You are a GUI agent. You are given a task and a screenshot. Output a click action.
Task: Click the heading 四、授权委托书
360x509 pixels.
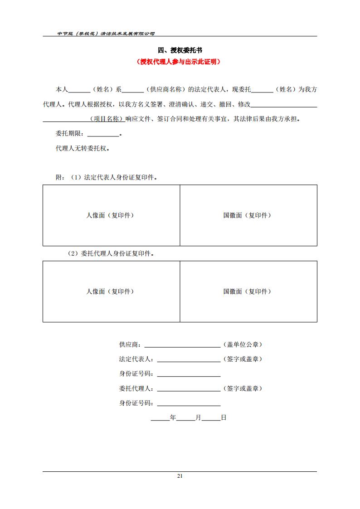[180, 50]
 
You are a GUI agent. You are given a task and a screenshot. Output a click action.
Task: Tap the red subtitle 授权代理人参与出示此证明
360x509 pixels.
[180, 62]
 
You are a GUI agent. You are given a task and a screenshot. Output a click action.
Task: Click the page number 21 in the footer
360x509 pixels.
[180, 476]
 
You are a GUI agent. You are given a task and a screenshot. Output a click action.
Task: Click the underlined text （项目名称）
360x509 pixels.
[107, 119]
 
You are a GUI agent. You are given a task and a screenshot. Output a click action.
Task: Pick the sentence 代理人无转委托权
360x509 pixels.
[82, 148]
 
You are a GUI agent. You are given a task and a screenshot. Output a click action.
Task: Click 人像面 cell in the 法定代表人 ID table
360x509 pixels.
[111, 215]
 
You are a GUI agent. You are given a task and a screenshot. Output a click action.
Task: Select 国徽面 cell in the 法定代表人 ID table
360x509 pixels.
[248, 215]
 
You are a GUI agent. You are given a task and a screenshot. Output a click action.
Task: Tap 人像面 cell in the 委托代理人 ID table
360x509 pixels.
[111, 291]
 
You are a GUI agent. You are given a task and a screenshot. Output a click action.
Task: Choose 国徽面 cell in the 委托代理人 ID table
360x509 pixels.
[248, 291]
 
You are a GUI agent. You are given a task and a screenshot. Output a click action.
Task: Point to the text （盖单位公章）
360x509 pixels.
[243, 344]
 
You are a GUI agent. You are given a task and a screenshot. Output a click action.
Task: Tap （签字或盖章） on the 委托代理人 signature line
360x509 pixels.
[243, 388]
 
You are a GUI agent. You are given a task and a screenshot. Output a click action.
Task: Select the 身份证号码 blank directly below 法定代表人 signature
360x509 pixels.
[189, 374]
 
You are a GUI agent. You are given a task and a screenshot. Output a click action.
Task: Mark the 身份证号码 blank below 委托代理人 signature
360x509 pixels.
[189, 403]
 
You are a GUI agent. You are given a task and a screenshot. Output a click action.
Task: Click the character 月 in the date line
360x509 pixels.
[198, 418]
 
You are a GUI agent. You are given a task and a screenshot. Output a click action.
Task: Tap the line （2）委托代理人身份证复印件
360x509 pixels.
[111, 254]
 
